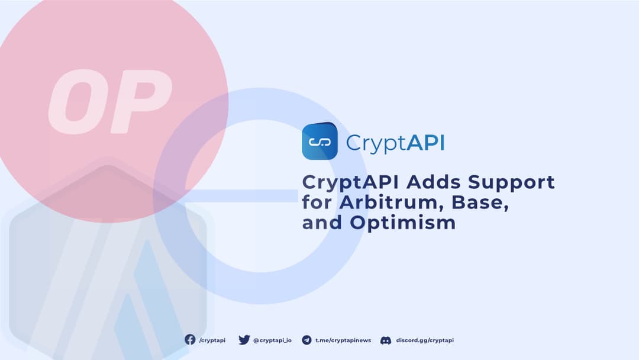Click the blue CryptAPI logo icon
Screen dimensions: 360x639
(319, 142)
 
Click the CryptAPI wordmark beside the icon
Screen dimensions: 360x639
(395, 143)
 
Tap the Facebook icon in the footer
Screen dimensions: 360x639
(190, 340)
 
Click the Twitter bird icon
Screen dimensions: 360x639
(244, 340)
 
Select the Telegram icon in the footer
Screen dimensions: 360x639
(306, 340)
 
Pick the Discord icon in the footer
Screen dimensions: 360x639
(386, 340)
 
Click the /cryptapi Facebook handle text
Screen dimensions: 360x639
(212, 340)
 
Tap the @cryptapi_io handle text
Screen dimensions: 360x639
(272, 340)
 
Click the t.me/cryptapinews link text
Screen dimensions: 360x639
(343, 340)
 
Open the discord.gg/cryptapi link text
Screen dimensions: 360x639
(425, 340)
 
